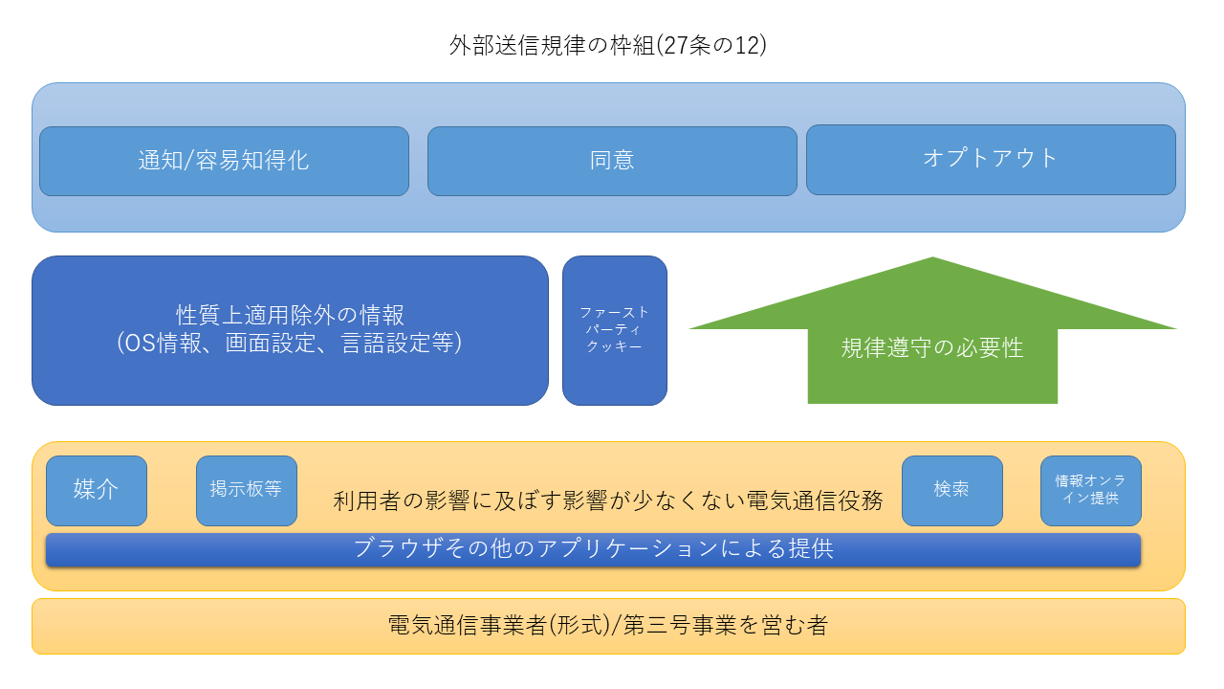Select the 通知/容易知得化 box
tap(224, 161)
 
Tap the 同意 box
tap(612, 161)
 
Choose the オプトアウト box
tap(991, 159)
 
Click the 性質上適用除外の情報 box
tap(290, 316)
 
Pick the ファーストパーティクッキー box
tap(614, 330)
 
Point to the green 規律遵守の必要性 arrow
tap(932, 347)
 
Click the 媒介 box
tap(97, 490)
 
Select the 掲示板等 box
tap(246, 490)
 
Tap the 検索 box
tap(951, 490)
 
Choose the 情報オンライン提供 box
tap(1090, 490)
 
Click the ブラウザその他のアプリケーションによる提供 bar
tap(593, 549)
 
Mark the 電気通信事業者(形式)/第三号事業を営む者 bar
tap(607, 626)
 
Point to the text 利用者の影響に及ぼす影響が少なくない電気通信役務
tap(608, 500)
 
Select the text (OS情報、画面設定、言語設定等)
tap(290, 343)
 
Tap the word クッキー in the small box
tap(614, 346)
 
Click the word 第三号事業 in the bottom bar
tap(669, 626)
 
